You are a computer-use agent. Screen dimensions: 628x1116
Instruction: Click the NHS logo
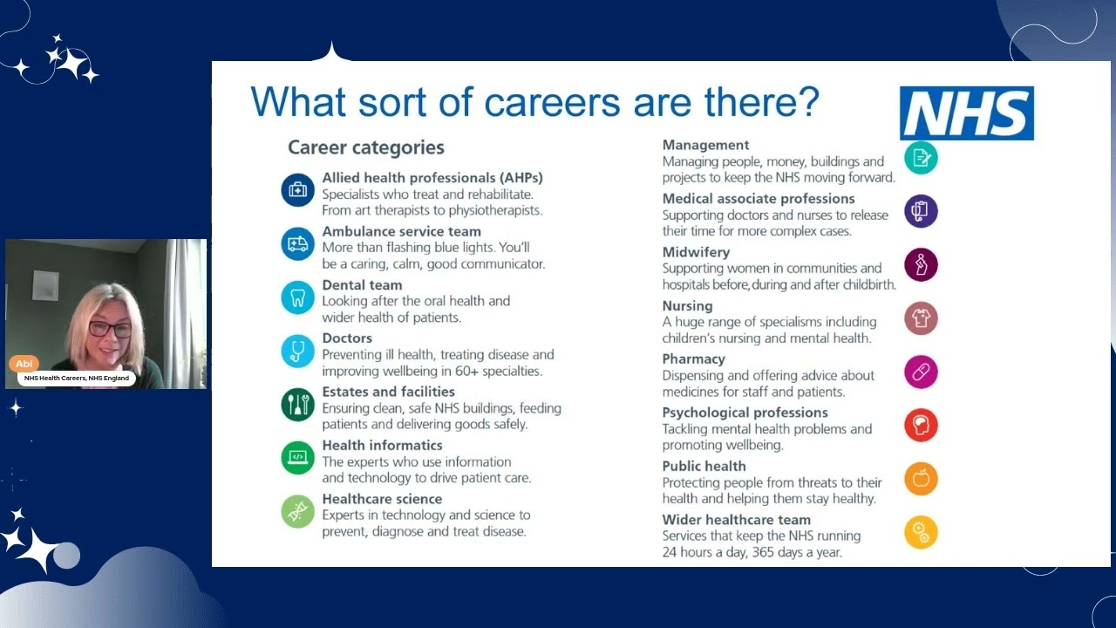point(966,113)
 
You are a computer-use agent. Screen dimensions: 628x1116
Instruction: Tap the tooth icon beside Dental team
point(297,297)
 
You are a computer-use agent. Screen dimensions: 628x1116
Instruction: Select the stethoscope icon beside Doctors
point(297,351)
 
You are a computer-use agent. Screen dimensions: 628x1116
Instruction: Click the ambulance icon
point(297,243)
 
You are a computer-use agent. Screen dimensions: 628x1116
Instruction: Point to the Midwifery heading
point(696,252)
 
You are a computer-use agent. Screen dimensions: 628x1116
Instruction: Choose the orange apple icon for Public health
point(921,478)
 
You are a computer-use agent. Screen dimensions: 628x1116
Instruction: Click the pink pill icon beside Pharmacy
point(921,372)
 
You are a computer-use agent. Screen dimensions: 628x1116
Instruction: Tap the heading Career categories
point(366,147)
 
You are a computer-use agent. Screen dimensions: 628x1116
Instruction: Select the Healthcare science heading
point(382,499)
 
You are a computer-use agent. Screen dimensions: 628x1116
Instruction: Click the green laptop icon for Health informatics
point(297,457)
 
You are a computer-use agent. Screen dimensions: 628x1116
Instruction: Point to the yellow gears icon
point(921,531)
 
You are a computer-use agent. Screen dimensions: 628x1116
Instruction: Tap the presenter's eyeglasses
point(110,330)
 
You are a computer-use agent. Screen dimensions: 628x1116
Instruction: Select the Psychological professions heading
point(745,413)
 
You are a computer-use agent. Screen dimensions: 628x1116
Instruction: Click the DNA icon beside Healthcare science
point(297,511)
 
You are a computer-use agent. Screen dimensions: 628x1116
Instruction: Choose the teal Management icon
point(921,158)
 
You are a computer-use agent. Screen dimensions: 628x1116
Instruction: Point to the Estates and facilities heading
point(388,392)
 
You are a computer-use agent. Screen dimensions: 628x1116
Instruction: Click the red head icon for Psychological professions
point(921,425)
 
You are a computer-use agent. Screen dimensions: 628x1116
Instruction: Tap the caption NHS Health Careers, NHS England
point(77,379)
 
